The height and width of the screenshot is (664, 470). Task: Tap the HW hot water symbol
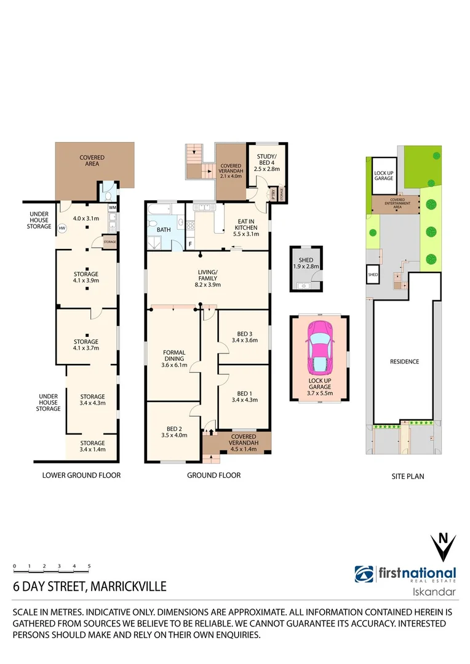point(62,227)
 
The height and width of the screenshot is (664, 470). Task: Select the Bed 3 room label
point(244,335)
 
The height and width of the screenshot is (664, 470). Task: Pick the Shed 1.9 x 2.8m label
point(305,263)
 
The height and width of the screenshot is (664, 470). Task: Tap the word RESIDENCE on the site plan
point(404,362)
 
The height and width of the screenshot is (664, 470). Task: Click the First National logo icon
point(364,574)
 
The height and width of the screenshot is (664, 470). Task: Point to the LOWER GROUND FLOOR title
point(81,475)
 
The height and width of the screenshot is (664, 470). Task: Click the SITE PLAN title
point(408,476)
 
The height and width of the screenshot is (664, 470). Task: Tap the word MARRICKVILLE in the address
point(128,587)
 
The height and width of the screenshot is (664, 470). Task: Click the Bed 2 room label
point(174,431)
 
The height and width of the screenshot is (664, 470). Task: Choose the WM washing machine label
point(112,208)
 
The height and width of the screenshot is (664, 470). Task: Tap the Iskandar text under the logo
point(433,592)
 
